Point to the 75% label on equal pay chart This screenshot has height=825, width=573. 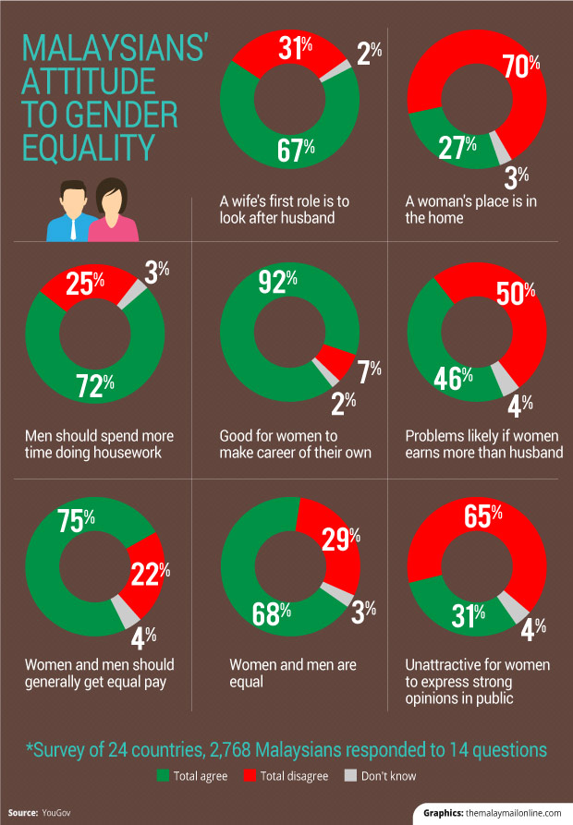point(76,519)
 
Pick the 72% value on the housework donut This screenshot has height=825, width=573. point(94,385)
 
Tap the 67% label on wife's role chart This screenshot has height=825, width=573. point(296,150)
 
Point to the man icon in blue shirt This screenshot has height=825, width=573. point(72,212)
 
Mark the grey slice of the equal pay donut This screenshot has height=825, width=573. point(124,610)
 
